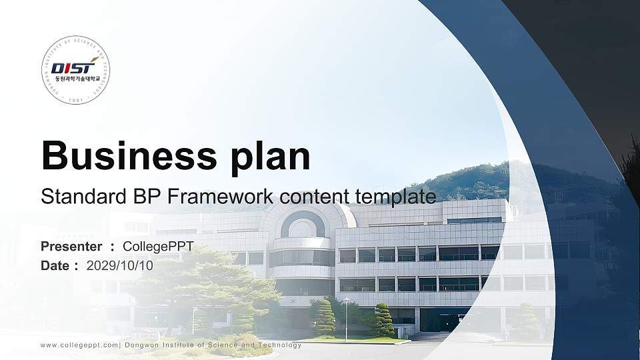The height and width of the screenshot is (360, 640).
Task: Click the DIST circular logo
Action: (x=75, y=71)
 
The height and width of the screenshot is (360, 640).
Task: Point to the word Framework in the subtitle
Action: (x=223, y=197)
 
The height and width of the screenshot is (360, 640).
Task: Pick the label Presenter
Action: (x=71, y=247)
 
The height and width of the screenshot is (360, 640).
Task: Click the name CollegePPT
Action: (x=158, y=247)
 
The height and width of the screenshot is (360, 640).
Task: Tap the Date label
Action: (x=56, y=265)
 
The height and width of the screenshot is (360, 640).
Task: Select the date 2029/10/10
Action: (x=120, y=265)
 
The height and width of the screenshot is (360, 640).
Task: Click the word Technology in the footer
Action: (x=279, y=345)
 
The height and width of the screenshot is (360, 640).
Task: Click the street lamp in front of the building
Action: (x=346, y=318)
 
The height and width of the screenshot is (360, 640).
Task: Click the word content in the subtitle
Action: (x=315, y=197)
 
